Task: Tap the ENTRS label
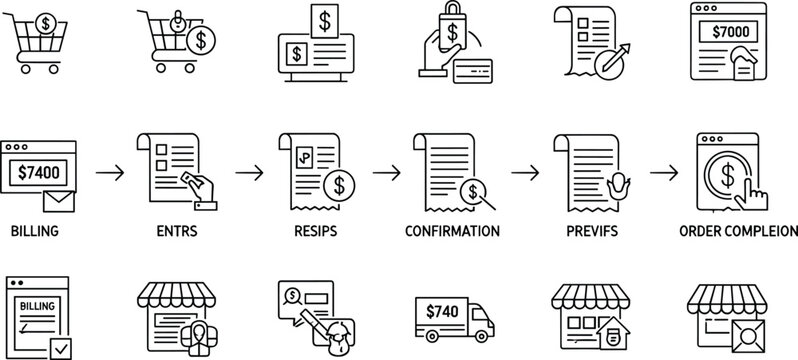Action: (x=176, y=231)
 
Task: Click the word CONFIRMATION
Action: (x=453, y=231)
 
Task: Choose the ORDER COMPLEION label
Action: (x=738, y=231)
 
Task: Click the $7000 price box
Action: (x=729, y=32)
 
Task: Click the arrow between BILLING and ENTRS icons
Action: (x=110, y=172)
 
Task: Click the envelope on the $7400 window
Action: (x=59, y=203)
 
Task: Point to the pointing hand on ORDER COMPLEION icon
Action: (x=758, y=192)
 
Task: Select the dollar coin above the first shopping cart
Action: (x=44, y=23)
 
